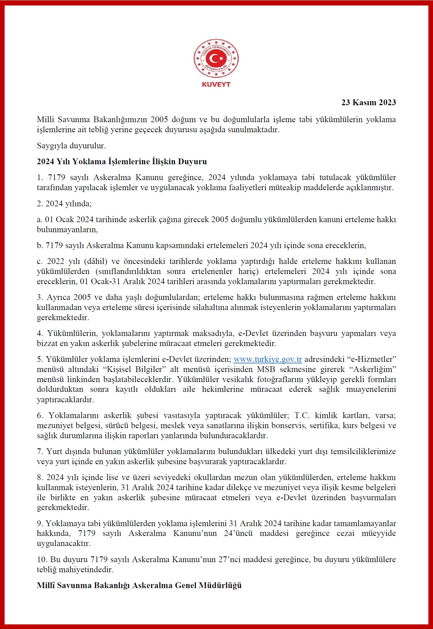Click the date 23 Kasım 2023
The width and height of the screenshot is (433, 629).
coord(368,102)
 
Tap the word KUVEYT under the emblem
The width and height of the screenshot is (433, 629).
coord(216,84)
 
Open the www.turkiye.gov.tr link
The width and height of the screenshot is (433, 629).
coord(268,359)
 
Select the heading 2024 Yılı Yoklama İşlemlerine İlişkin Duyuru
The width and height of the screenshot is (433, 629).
coord(122,161)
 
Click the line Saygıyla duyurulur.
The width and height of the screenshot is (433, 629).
coord(71,146)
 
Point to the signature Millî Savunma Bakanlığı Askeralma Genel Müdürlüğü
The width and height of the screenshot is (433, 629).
coord(139,585)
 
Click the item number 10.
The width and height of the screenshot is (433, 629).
coord(42,559)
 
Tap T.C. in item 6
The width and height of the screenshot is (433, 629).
coord(302,415)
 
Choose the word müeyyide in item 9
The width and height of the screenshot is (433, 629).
coord(378,533)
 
